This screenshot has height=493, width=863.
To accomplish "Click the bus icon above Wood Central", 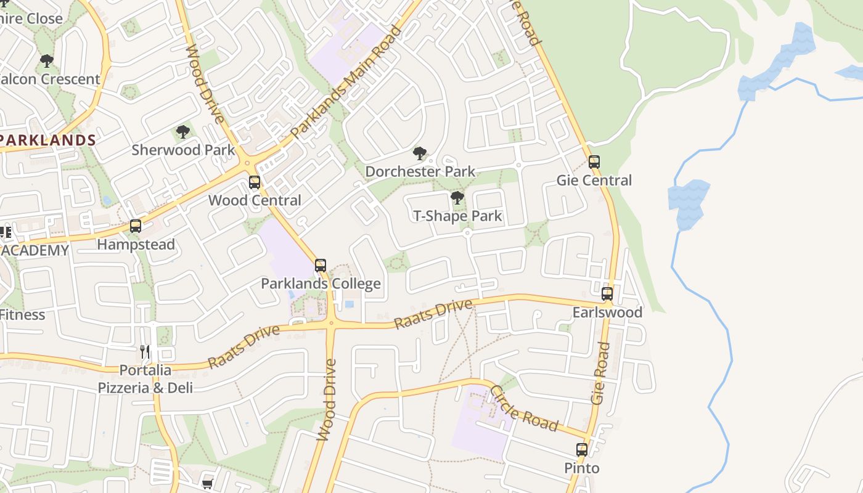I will pos(254,182).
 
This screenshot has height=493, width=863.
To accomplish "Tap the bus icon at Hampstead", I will pos(136,226).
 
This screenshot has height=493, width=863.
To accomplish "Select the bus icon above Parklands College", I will pos(321,266).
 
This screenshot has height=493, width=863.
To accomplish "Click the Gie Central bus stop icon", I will pos(594,162).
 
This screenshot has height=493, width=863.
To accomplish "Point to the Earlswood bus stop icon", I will pos(607,294).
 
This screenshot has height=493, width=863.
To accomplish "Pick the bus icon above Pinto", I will pos(582,450).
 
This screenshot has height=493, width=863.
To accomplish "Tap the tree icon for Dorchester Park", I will pos(420,153).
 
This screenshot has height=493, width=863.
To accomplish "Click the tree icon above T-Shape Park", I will pos(457,198).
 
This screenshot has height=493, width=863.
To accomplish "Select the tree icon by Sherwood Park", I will pos(182,131).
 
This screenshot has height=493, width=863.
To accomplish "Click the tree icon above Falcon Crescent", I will pos(46,60).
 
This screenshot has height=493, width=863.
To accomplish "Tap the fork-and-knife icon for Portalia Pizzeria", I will pos(145,352).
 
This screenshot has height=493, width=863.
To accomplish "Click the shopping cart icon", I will pos(208,484).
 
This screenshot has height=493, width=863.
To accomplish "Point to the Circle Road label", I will pos(524,408).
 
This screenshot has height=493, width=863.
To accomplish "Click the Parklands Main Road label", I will pos(345,81).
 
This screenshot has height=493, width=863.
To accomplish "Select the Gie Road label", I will pos(600,373).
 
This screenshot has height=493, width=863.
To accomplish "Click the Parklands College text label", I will pos(321,283).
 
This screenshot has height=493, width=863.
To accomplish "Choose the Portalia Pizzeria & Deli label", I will pos(145,379).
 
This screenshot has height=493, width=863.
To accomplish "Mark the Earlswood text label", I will pos(607,312).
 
